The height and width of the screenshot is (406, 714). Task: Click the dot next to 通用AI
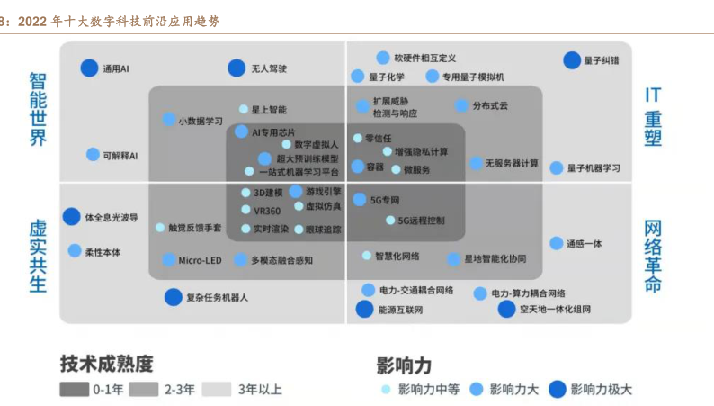(89, 68)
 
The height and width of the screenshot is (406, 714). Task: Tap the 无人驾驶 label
(269, 68)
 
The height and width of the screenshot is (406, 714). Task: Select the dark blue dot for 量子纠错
(571, 60)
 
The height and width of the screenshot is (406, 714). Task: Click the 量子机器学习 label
(593, 168)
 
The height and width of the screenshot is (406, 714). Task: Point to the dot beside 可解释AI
(93, 155)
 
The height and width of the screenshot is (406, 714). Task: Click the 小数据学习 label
(200, 121)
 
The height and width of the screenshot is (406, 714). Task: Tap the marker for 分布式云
(461, 105)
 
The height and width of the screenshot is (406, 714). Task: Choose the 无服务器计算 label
(513, 164)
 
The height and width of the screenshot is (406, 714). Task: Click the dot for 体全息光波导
(71, 216)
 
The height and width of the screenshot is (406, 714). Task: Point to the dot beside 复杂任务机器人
(173, 296)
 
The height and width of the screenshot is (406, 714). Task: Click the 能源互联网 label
(400, 311)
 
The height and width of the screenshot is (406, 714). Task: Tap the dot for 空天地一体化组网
(507, 310)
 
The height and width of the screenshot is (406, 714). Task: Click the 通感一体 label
(584, 244)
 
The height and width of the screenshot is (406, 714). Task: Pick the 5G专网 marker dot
(360, 200)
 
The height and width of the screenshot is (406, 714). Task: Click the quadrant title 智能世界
(38, 111)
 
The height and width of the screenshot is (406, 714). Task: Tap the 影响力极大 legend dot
(557, 389)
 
